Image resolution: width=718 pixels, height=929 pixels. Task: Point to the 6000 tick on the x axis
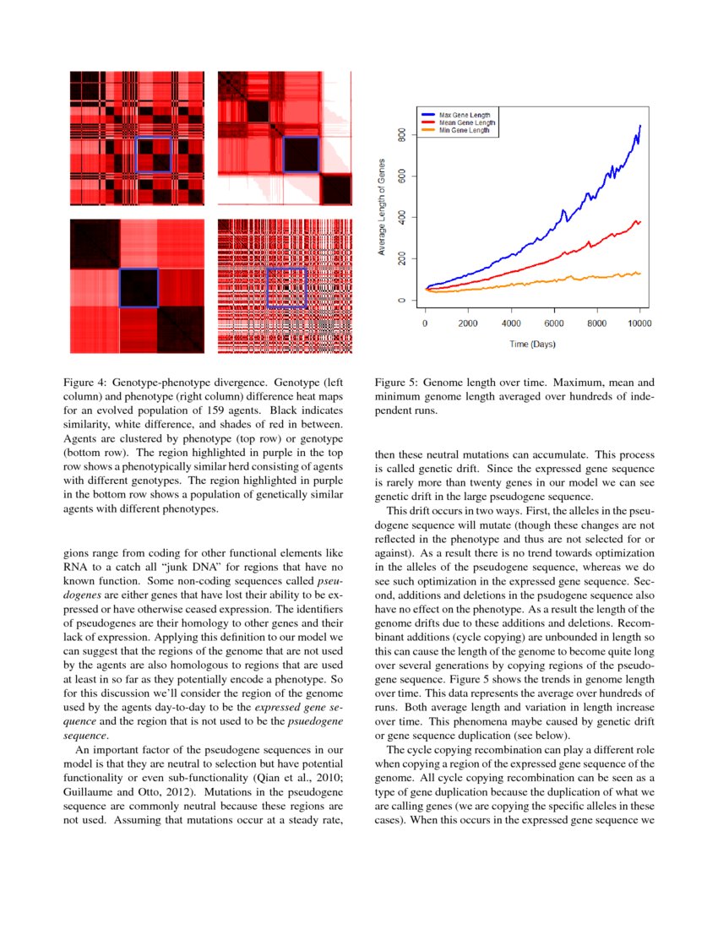click(x=554, y=323)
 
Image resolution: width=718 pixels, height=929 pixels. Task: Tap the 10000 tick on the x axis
click(x=639, y=323)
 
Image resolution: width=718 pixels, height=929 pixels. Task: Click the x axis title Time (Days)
click(x=532, y=345)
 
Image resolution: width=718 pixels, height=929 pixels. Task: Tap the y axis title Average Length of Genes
click(x=382, y=207)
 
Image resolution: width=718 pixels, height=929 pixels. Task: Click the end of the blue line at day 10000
click(x=640, y=125)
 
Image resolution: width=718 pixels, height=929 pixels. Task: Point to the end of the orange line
click(x=639, y=273)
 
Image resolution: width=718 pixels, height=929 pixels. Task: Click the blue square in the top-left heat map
click(x=154, y=155)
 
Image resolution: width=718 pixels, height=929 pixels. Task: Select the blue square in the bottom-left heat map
click(x=139, y=288)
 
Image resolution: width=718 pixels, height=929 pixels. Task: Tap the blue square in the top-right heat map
click(x=301, y=155)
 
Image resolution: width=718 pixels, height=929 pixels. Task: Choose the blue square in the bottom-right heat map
click(x=286, y=288)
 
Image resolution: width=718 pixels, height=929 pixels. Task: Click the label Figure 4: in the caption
click(x=90, y=383)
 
